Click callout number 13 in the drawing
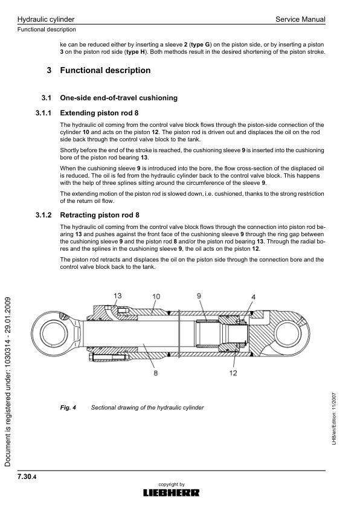click(x=117, y=295)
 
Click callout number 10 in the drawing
click(x=156, y=296)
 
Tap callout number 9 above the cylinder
click(x=199, y=295)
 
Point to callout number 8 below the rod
click(x=155, y=374)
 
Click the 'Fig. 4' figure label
click(x=68, y=408)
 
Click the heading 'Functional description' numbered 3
click(x=105, y=71)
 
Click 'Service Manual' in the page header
click(x=300, y=20)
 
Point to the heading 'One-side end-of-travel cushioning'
click(x=118, y=98)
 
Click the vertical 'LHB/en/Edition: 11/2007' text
click(x=334, y=417)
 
